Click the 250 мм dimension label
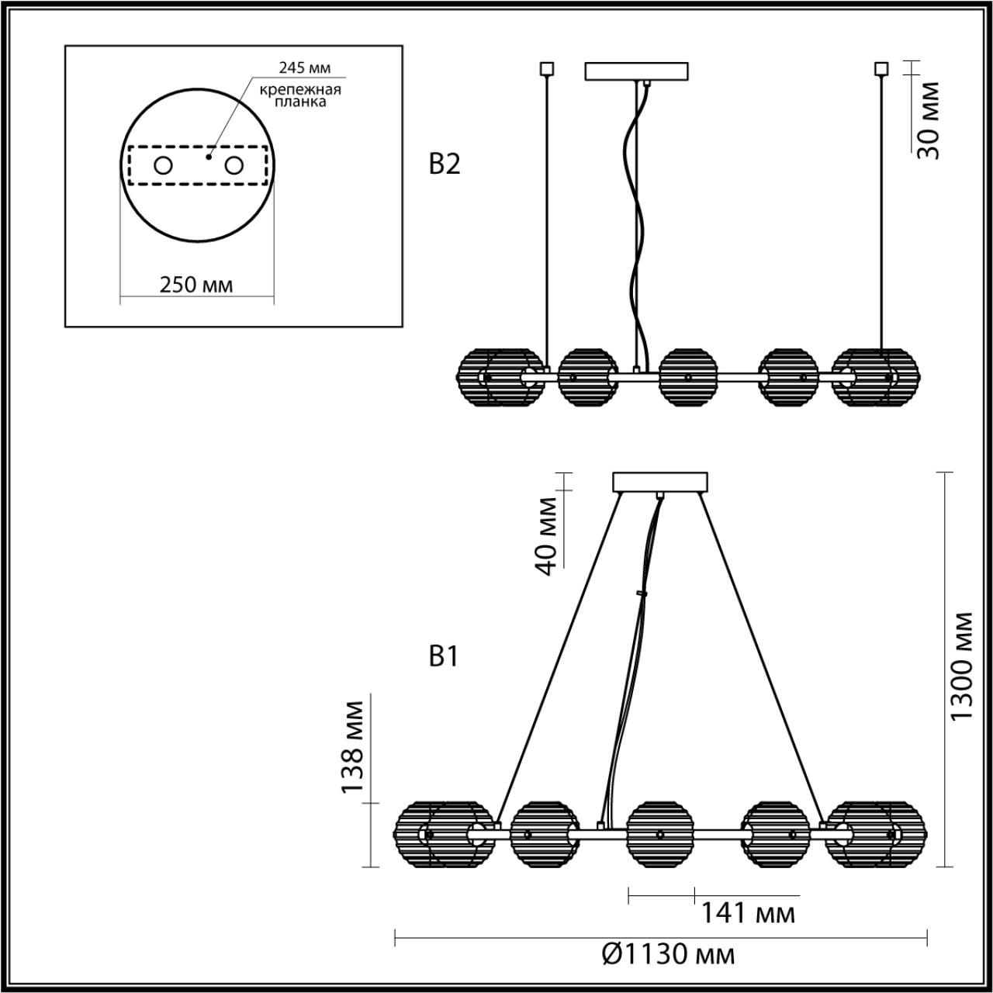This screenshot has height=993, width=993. pyautogui.click(x=196, y=285)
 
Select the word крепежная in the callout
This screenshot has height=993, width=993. pyautogui.click(x=300, y=89)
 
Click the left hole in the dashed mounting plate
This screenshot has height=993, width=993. pyautogui.click(x=164, y=165)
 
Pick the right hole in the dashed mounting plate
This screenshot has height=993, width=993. pyautogui.click(x=234, y=165)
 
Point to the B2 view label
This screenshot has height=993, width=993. pyautogui.click(x=445, y=164)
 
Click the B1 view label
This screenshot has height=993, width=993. pyautogui.click(x=444, y=657)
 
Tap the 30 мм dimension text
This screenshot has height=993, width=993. pyautogui.click(x=929, y=120)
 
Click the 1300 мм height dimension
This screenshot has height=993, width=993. pyautogui.click(x=962, y=666)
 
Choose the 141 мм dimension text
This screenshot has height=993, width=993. pyautogui.click(x=748, y=913)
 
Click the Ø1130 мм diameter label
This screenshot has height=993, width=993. pyautogui.click(x=668, y=953)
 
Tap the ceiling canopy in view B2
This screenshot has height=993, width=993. pyautogui.click(x=637, y=71)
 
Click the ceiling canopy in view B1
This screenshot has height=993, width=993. pyautogui.click(x=660, y=482)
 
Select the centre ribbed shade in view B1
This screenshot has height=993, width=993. pyautogui.click(x=659, y=834)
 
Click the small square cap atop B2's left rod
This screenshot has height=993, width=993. pyautogui.click(x=547, y=68)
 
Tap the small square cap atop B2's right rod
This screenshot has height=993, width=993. pyautogui.click(x=881, y=68)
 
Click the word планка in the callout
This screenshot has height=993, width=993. pyautogui.click(x=301, y=102)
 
